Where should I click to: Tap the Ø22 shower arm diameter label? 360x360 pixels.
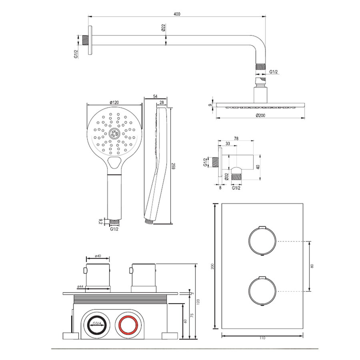click(x=163, y=28)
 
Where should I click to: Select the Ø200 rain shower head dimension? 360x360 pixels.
click(x=261, y=116)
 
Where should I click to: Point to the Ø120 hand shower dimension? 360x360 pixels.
click(x=114, y=102)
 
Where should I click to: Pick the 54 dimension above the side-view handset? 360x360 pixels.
click(x=155, y=97)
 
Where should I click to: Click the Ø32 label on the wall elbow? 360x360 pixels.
click(x=226, y=176)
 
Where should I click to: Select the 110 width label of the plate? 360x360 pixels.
click(x=262, y=338)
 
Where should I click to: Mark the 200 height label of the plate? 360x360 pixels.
click(x=212, y=266)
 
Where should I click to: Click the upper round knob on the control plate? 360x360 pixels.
click(x=262, y=241)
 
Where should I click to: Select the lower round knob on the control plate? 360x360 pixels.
click(x=262, y=290)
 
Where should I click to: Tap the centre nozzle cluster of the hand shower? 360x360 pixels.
click(x=114, y=134)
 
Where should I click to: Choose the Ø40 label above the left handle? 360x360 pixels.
click(x=98, y=256)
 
